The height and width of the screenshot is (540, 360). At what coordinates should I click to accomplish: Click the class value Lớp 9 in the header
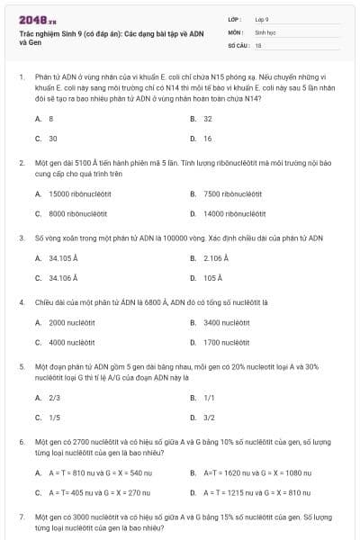(262, 18)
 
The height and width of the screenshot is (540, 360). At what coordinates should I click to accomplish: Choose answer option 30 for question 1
(53, 139)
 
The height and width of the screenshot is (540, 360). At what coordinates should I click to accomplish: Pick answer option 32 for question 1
(208, 118)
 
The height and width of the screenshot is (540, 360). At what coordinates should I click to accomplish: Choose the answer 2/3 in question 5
(54, 397)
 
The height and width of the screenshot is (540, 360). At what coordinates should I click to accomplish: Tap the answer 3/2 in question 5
(209, 417)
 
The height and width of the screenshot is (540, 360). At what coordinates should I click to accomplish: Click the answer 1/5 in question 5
(54, 417)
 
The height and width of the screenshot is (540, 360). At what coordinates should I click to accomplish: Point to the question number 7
(21, 518)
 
